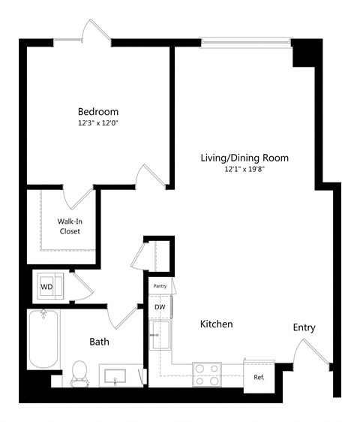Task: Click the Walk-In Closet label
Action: point(70,226)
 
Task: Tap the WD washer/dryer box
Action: point(47,286)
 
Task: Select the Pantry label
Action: point(160,286)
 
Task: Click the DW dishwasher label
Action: point(160,306)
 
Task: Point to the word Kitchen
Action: point(216,324)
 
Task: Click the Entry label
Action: point(304,327)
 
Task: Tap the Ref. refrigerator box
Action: point(259,376)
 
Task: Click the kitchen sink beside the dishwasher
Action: point(160,335)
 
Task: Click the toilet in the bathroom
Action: point(79,373)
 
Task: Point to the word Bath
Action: point(99,342)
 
